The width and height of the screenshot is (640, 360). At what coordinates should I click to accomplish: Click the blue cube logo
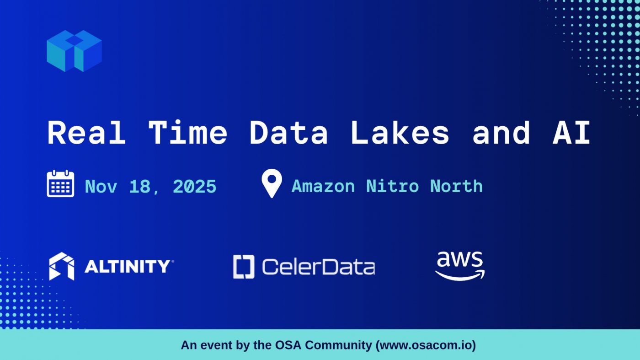(74, 51)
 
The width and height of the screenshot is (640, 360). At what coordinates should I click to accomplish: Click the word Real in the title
(86, 133)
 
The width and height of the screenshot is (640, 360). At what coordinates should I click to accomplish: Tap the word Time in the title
(187, 133)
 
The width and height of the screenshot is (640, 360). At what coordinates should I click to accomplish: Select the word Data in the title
(288, 133)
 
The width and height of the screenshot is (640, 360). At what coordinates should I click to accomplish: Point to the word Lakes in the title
(400, 133)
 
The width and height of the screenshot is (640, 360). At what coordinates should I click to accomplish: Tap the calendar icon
(60, 184)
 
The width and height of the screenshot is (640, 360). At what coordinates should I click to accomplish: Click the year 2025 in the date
(194, 187)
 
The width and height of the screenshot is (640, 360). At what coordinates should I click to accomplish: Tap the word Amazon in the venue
(323, 187)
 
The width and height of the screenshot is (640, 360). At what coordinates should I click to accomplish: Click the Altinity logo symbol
(62, 266)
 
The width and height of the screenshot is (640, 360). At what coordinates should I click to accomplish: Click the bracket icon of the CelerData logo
(244, 267)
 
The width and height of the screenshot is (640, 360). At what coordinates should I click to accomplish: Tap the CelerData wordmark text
(318, 267)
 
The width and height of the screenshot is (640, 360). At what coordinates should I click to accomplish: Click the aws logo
(459, 265)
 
